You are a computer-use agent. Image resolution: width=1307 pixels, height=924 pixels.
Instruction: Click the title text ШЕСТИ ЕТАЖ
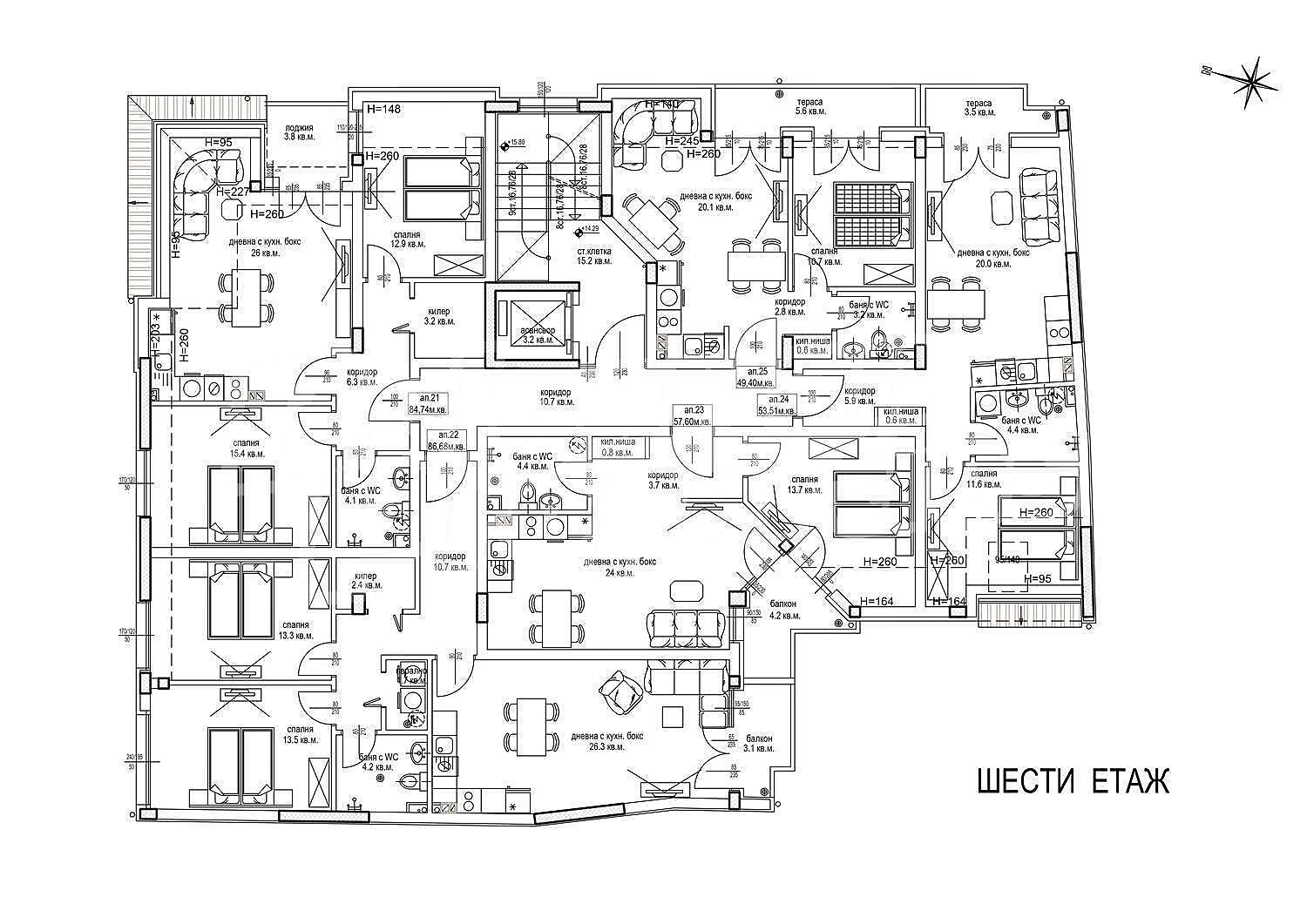pos(1071,781)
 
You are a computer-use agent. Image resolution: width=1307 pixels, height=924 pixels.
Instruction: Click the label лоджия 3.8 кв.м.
pos(300,132)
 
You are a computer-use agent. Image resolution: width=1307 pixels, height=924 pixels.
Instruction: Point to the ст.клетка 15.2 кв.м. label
pos(593,254)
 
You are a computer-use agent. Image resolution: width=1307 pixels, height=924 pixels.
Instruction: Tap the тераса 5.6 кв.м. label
pos(809,107)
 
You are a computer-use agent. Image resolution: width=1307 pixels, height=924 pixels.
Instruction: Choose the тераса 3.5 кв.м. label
pos(979,107)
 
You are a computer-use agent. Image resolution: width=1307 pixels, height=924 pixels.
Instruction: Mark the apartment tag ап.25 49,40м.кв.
pos(755,376)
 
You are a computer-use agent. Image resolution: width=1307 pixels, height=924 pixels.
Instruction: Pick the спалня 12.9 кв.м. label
pos(407,239)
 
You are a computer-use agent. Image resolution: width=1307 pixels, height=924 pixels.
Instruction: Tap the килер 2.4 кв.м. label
pos(366,581)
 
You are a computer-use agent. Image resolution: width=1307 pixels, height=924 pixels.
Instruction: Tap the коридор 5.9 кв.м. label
pos(859,396)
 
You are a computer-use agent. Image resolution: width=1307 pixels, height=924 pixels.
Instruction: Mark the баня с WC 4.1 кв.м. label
pos(360,496)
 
